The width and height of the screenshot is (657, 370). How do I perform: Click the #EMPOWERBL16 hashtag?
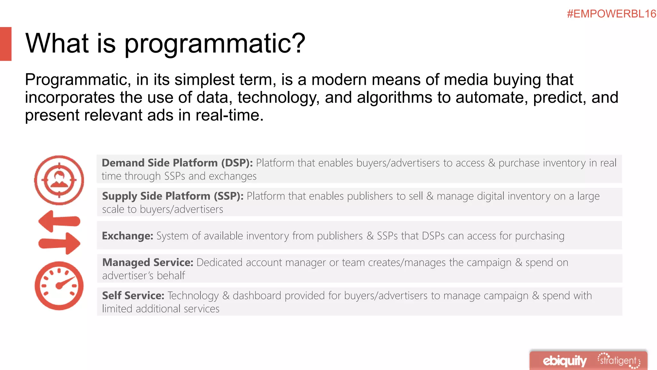[611, 14]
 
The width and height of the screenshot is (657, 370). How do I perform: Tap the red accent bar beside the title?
[6, 44]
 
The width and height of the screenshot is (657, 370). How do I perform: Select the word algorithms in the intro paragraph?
[394, 97]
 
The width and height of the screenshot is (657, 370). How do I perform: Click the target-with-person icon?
[59, 180]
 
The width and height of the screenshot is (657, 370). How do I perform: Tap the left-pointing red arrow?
[59, 221]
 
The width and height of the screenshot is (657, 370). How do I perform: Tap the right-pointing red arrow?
[59, 243]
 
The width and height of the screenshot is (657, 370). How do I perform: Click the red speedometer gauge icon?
[59, 286]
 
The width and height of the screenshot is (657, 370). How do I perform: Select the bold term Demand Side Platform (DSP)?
[177, 163]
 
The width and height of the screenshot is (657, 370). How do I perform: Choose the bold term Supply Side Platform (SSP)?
[173, 196]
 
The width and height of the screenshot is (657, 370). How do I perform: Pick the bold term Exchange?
[127, 236]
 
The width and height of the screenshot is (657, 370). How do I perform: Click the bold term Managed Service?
[148, 262]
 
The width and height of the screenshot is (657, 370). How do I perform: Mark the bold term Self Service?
[133, 295]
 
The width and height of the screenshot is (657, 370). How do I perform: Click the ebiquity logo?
[564, 361]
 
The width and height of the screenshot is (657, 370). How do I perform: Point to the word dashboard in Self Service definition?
[257, 295]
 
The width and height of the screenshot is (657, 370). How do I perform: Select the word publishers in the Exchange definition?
[340, 236]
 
